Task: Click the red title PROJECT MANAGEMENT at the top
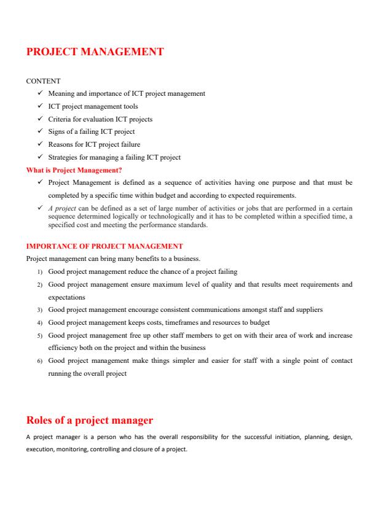coord(95,52)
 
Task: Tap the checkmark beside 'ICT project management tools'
coord(39,106)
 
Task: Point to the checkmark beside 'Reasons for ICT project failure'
coord(39,144)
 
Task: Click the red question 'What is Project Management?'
coord(74,169)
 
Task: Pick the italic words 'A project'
coord(60,209)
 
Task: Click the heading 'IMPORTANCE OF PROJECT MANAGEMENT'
coord(104,246)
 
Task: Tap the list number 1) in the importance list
coord(39,271)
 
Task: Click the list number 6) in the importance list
coord(39,360)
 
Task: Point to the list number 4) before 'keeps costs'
coord(39,322)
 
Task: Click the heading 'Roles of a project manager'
coord(89,421)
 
